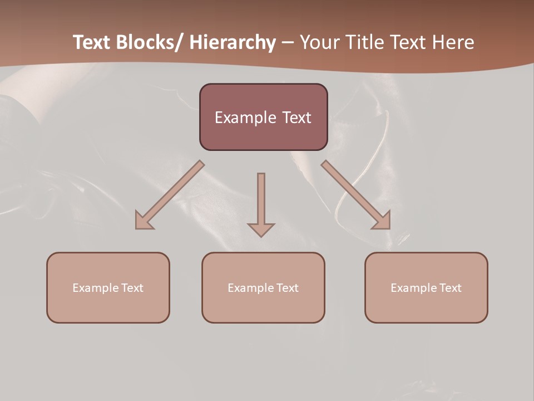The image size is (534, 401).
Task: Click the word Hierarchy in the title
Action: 233,42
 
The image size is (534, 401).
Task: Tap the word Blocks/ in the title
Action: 148,42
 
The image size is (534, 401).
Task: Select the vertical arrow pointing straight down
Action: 261,200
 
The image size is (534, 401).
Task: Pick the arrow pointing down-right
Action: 356,195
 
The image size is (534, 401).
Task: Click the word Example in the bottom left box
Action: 96,288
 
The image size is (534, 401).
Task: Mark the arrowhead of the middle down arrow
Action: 261,229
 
